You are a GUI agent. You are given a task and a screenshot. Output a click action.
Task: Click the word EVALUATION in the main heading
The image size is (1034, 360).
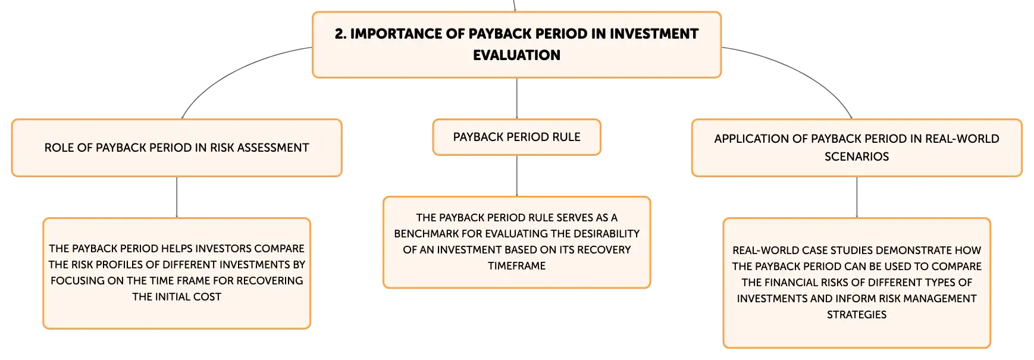click(x=516, y=55)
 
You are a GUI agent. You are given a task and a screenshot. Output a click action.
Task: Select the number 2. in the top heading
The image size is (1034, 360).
click(x=340, y=34)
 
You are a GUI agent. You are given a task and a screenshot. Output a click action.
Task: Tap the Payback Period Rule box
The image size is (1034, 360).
click(x=516, y=137)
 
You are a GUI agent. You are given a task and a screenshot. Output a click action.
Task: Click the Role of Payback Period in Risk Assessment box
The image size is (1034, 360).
click(x=177, y=148)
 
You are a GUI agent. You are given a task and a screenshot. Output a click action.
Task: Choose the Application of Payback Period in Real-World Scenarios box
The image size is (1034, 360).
click(x=857, y=148)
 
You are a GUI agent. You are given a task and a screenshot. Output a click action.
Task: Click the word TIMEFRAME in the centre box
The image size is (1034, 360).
click(x=516, y=266)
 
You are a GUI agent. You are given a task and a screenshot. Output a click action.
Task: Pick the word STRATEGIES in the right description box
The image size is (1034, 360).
click(x=857, y=315)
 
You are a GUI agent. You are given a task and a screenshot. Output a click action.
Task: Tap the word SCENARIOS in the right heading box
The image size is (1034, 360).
click(x=857, y=156)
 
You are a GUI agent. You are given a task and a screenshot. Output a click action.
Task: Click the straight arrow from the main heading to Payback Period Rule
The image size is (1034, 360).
click(x=516, y=98)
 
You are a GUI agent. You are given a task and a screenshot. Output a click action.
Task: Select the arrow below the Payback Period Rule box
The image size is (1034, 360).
click(x=516, y=176)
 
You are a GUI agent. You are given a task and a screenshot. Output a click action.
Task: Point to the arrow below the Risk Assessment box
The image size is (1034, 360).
click(x=177, y=198)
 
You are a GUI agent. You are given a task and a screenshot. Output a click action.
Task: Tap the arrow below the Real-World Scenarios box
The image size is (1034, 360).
click(x=857, y=198)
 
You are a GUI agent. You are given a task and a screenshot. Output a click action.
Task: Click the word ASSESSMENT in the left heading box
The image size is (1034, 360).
click(x=273, y=148)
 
